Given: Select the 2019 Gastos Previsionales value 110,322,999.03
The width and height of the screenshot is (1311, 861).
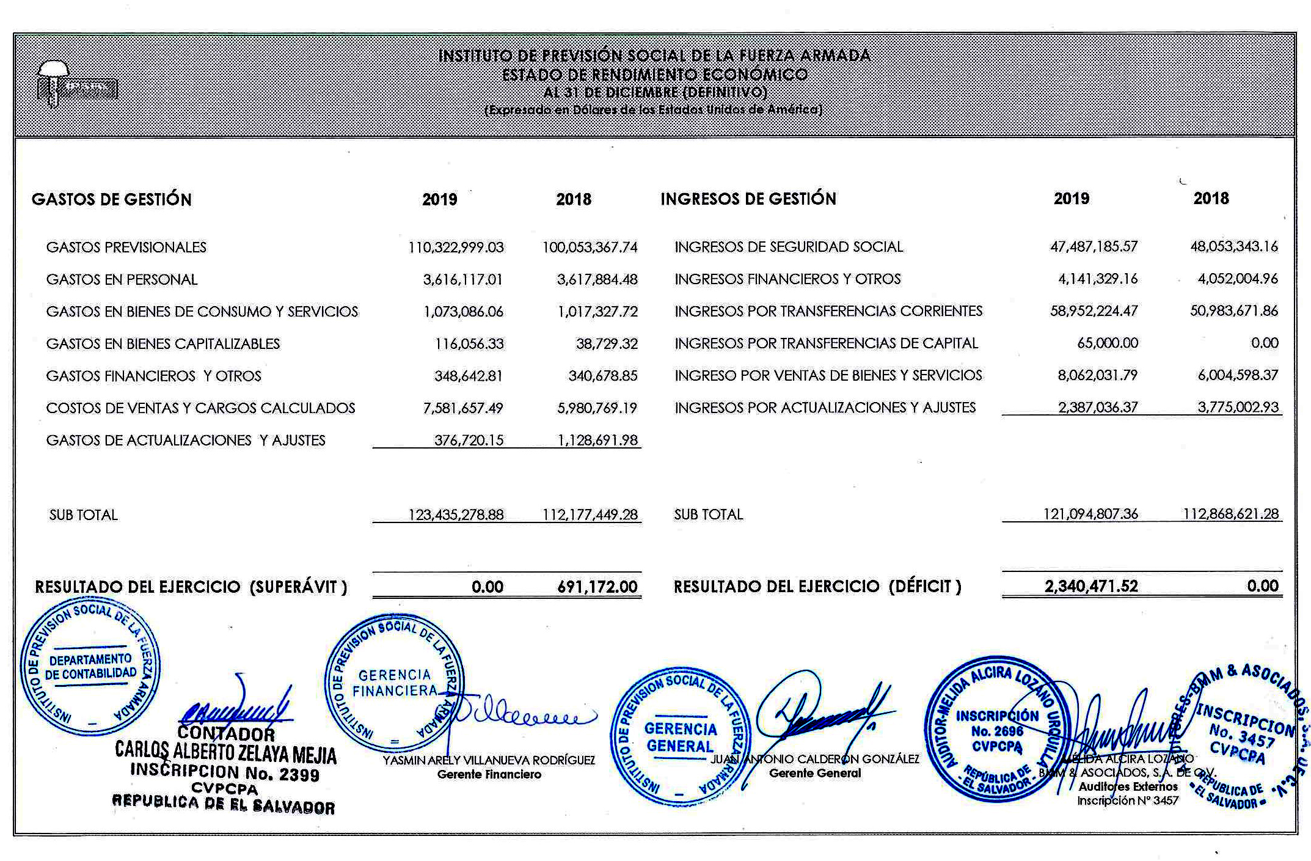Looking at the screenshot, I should click(x=456, y=247).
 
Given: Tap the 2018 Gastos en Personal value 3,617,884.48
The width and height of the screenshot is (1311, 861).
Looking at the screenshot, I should click(x=597, y=280).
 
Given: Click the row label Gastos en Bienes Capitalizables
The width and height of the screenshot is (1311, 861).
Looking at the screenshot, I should click(x=163, y=344).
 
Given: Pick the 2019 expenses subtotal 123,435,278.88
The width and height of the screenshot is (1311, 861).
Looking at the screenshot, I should click(x=456, y=515).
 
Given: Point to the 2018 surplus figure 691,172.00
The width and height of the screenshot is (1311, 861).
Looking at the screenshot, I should click(x=597, y=587).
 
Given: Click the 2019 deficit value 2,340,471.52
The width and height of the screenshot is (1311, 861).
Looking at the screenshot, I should click(x=1091, y=587).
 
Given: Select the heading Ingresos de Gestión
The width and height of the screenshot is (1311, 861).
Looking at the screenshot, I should click(x=748, y=199).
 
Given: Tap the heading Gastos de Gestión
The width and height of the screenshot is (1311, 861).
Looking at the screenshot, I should click(x=112, y=199).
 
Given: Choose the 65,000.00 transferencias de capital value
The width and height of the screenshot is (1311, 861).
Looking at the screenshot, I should click(x=1107, y=343).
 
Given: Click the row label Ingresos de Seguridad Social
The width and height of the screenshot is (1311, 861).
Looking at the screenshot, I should click(x=788, y=247).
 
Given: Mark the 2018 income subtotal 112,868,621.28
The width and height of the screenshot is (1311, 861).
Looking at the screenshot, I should click(x=1230, y=514).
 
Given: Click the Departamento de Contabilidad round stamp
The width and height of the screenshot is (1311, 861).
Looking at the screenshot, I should click(x=90, y=666).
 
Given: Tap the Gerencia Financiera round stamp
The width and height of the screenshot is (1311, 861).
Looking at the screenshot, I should click(x=395, y=683).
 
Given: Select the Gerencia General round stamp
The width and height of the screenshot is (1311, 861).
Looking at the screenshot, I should click(x=679, y=736).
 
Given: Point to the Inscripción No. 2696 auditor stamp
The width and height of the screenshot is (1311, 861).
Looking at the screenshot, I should click(x=997, y=730).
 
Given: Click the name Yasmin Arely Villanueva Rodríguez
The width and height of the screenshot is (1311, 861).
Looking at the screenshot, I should click(x=489, y=760).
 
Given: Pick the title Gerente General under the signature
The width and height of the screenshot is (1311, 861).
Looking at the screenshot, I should click(x=815, y=773).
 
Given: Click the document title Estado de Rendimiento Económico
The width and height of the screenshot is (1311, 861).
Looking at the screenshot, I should click(x=654, y=75).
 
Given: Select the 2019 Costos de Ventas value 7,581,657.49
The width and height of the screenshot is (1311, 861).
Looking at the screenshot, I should click(x=462, y=408).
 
